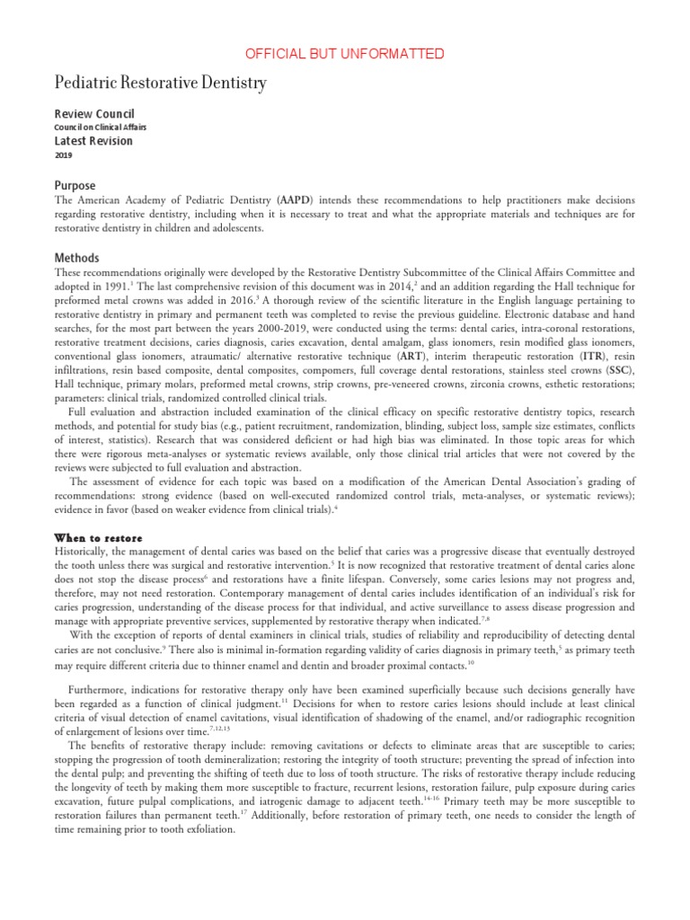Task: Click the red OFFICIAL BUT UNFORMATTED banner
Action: point(345,54)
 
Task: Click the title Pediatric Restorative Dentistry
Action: point(161,84)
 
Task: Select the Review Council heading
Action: point(94,114)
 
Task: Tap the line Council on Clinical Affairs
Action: point(101,128)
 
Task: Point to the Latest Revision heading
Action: point(93,141)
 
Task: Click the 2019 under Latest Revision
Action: point(64,155)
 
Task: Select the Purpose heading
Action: point(75,186)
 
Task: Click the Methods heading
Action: point(76,257)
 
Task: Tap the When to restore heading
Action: point(99,536)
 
